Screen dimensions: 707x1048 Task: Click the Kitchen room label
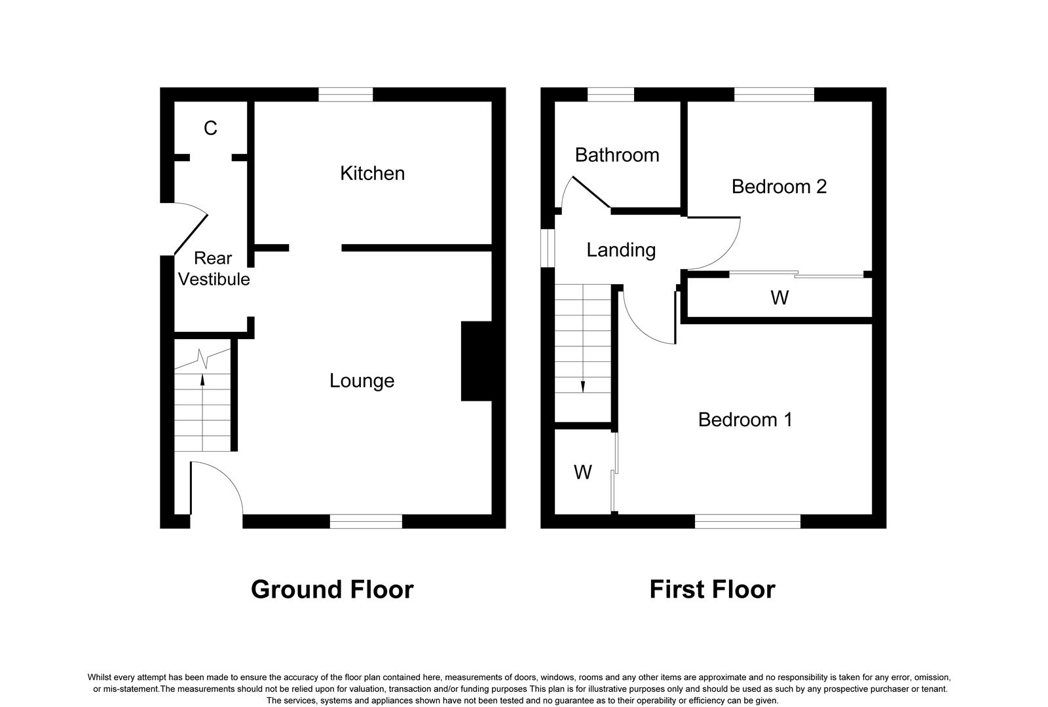[x=372, y=173]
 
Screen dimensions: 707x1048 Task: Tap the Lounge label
[x=362, y=381]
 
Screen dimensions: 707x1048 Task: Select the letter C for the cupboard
[x=210, y=128]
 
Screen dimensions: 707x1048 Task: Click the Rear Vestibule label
[x=214, y=268]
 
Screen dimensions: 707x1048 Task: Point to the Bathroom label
[x=616, y=155]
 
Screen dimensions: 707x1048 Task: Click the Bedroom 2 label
[x=779, y=187]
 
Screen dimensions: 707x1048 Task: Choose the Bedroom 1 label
[x=745, y=420]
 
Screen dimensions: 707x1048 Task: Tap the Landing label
[x=620, y=250]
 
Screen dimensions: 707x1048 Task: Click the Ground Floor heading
[x=331, y=589]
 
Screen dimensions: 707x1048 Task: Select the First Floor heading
[x=712, y=589]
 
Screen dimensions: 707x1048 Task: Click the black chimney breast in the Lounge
[x=477, y=361]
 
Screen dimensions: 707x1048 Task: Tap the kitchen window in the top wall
[x=345, y=95]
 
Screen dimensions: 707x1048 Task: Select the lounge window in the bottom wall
[x=365, y=521]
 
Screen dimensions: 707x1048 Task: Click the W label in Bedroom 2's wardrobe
[x=779, y=298]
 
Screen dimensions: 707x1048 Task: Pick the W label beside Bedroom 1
[x=582, y=472]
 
